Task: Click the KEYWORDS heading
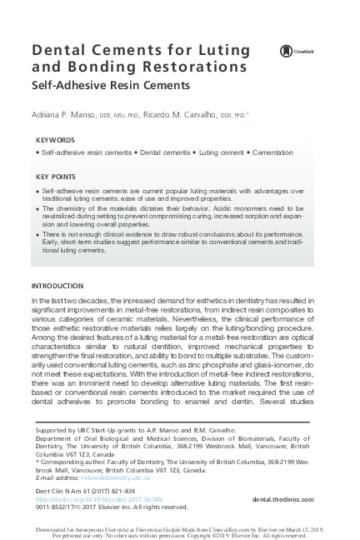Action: click(56, 140)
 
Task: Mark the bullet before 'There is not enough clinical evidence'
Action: click(38, 236)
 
